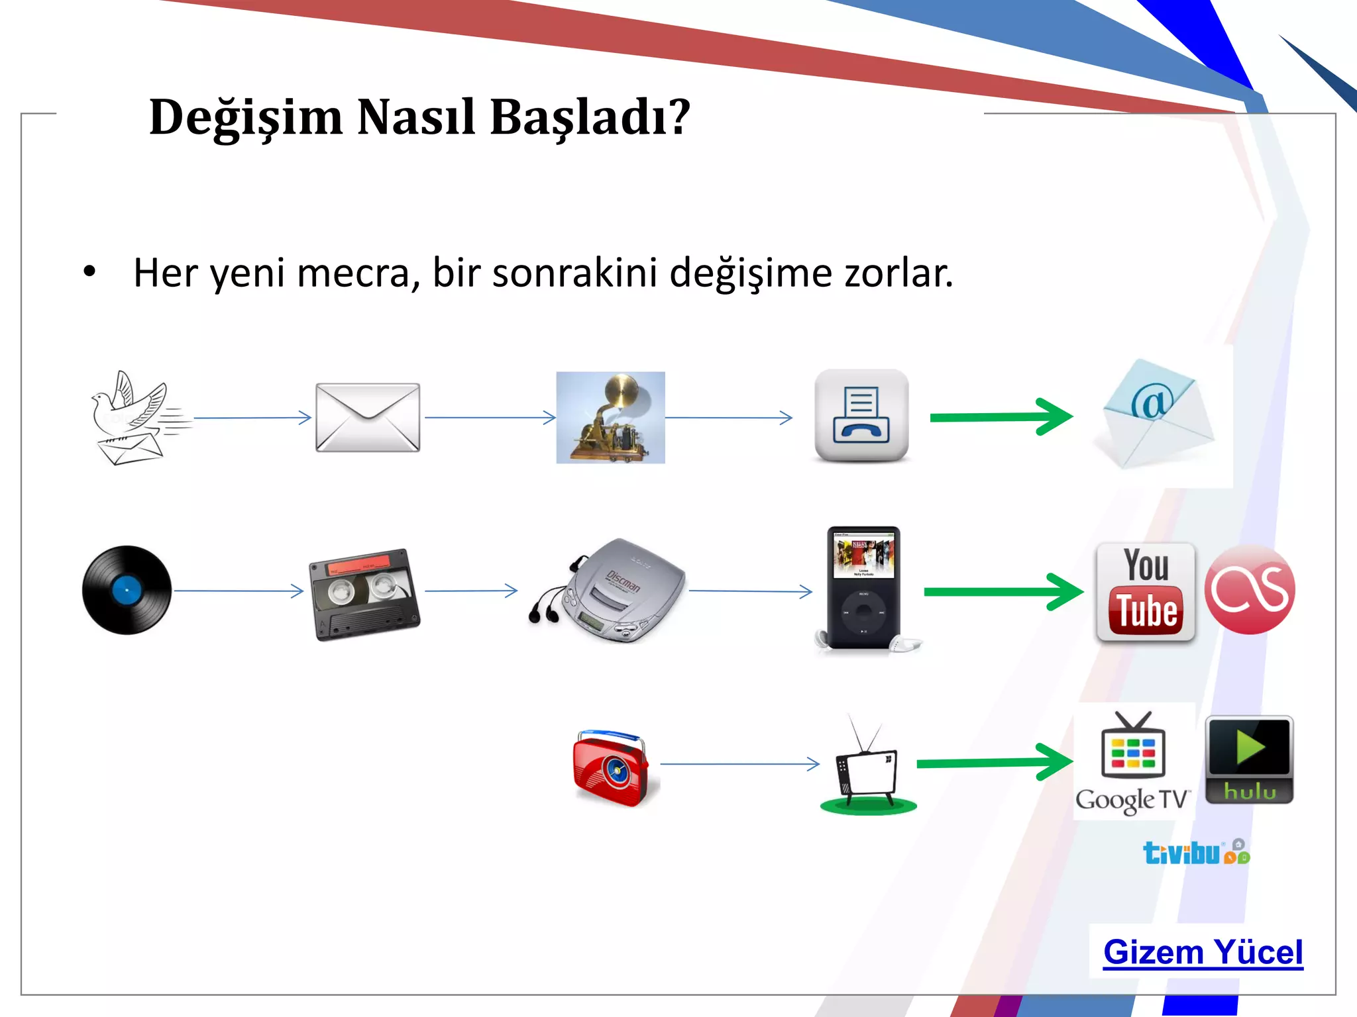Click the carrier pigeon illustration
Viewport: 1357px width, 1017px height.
click(x=133, y=417)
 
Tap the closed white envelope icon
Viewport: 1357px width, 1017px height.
click(x=368, y=417)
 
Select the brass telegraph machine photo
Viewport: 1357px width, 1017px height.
click(x=610, y=417)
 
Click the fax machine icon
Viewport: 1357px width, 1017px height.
click(x=861, y=415)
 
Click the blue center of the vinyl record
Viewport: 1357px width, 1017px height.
click(x=127, y=590)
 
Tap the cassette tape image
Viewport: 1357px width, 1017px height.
click(x=364, y=594)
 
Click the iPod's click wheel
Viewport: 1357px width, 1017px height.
click(x=863, y=612)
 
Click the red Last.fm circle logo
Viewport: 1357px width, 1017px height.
click(x=1249, y=590)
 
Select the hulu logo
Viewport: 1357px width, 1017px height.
click(x=1249, y=759)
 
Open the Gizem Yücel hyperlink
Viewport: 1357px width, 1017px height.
click(x=1203, y=953)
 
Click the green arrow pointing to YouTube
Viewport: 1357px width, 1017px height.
click(x=1001, y=591)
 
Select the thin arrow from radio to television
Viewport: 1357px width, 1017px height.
click(x=739, y=764)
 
